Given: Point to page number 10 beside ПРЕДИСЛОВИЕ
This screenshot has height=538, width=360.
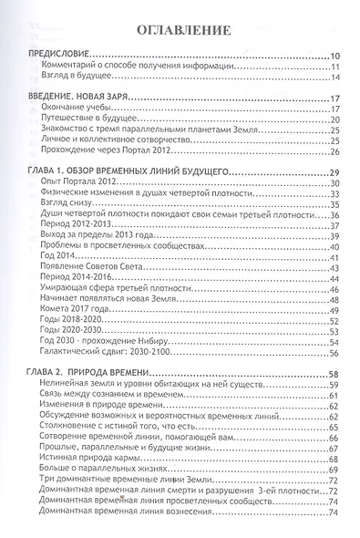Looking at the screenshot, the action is [334, 57].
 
